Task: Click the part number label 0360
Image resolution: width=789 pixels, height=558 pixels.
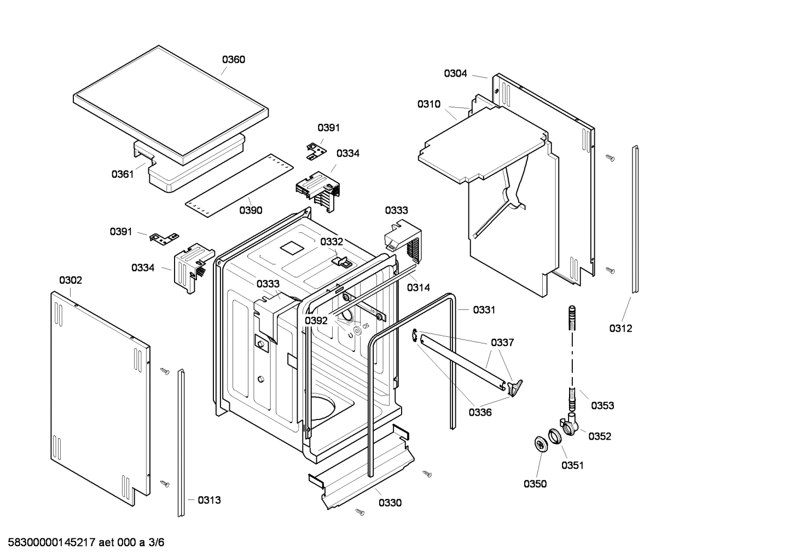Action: [x=233, y=60]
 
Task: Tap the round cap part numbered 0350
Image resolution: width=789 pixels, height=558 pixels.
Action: [x=540, y=444]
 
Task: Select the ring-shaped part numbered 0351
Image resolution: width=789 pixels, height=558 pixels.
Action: [x=555, y=437]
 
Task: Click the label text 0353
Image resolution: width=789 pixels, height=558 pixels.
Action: [x=602, y=406]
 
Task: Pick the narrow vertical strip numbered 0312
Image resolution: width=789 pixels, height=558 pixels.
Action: [x=635, y=219]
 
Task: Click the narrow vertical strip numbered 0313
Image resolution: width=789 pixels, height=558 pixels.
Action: [x=181, y=444]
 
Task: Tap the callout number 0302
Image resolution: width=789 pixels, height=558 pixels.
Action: [x=71, y=280]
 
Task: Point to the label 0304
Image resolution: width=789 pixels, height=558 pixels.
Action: [x=455, y=73]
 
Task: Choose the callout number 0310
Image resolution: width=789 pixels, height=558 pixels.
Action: [x=429, y=104]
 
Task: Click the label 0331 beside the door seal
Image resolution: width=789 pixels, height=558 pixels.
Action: [x=484, y=310]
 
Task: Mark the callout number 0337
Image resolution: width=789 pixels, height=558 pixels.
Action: [x=502, y=343]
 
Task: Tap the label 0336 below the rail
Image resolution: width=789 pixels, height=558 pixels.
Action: [x=479, y=413]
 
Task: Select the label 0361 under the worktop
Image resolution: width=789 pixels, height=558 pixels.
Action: [x=123, y=174]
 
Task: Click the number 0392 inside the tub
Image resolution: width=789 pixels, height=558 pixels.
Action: [x=316, y=321]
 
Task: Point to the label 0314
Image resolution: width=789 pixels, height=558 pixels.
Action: [x=418, y=287]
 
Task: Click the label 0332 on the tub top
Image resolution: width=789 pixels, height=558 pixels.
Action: [x=332, y=241]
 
